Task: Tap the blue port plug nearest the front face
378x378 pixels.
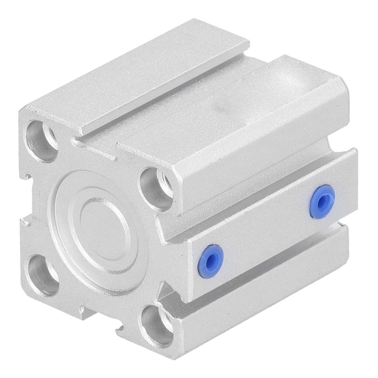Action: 210,261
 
